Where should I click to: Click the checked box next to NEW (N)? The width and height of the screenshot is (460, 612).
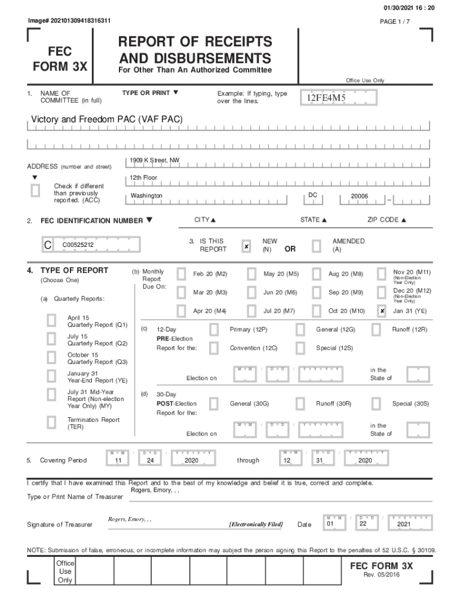(246, 246)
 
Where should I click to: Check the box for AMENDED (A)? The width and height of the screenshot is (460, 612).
(316, 246)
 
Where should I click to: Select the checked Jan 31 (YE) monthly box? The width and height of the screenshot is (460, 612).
(382, 311)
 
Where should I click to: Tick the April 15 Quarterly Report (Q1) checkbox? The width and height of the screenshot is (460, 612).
(52, 321)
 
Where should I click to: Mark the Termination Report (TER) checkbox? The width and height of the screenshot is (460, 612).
(52, 423)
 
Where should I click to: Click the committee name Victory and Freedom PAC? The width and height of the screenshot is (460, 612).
(102, 120)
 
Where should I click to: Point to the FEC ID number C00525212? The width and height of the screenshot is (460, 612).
(78, 245)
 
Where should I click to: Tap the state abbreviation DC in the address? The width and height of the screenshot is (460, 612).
(312, 195)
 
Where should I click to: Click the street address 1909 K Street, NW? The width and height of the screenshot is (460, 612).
(154, 160)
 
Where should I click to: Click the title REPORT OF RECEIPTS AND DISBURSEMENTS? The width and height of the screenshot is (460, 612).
(195, 50)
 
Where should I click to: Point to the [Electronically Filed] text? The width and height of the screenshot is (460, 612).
(256, 524)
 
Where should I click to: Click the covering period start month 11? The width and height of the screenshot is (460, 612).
(118, 461)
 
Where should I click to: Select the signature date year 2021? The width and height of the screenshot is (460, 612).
(399, 525)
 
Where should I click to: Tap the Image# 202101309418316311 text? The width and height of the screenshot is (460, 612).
(69, 21)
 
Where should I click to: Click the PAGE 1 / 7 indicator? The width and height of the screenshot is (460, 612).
(395, 22)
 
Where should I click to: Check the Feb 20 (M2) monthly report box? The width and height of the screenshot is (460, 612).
(181, 274)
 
